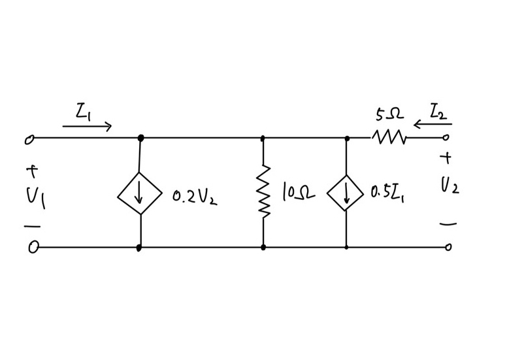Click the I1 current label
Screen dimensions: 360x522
(83, 112)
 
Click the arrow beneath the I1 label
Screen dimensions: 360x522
(87, 126)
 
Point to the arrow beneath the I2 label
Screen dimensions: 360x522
(432, 125)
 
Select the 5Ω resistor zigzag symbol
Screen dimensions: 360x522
(390, 138)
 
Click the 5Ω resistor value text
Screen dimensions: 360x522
(389, 116)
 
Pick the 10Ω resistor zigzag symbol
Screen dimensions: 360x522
(263, 191)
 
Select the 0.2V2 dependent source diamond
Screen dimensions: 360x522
(140, 194)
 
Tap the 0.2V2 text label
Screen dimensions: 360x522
(195, 196)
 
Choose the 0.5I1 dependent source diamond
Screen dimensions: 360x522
(346, 193)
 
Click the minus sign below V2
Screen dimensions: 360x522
(448, 223)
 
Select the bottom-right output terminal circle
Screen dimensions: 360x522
(448, 247)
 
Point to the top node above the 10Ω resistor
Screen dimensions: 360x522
(263, 139)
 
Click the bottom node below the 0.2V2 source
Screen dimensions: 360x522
(139, 248)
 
